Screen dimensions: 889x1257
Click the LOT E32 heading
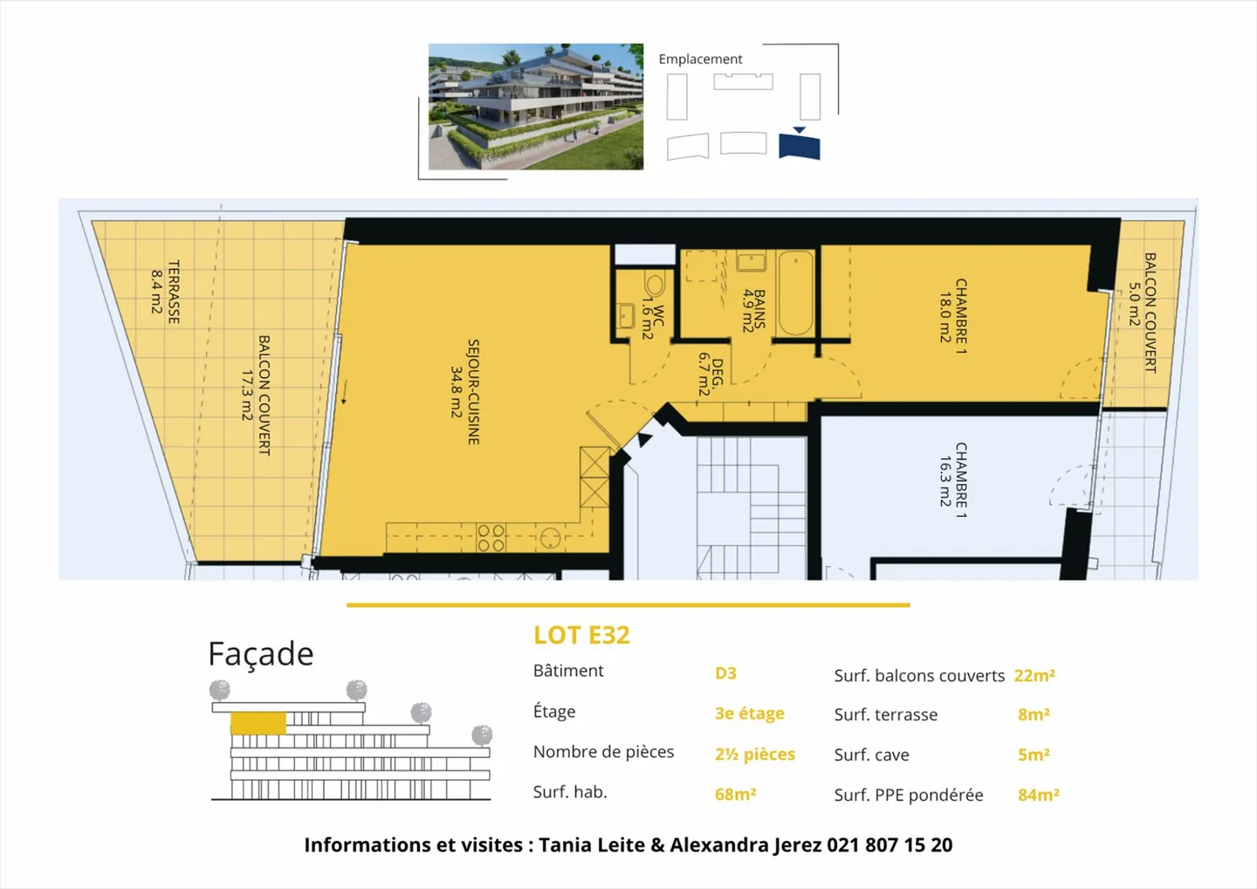[x=581, y=635]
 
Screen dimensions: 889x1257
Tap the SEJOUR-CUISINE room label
[x=464, y=392]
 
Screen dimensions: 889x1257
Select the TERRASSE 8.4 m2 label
[x=165, y=292]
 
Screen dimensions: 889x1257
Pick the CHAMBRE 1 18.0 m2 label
[x=952, y=310]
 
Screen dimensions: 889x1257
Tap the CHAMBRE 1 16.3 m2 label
[x=952, y=480]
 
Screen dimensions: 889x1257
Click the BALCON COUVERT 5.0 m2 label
[x=1142, y=313]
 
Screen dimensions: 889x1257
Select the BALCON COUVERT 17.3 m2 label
[x=255, y=395]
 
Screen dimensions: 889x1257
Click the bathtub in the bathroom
[x=795, y=293]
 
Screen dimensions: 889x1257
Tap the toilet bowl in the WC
[x=655, y=285]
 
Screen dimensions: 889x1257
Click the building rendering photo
[x=535, y=107]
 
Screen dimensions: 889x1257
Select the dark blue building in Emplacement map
[x=800, y=145]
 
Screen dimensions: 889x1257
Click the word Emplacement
[x=700, y=59]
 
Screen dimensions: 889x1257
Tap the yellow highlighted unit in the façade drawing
[x=258, y=723]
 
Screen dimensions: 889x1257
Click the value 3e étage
[x=749, y=713]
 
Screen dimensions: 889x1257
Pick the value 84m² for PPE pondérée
[x=1038, y=795]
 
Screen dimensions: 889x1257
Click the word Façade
[x=260, y=654]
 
